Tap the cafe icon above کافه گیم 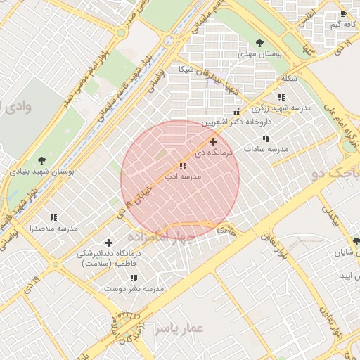(343, 14)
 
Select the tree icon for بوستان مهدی (259, 42)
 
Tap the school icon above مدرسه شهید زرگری (281, 97)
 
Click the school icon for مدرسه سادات (266, 139)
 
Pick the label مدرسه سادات (266, 150)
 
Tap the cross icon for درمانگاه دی (214, 141)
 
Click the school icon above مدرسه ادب (183, 166)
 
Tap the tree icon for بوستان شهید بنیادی (42, 160)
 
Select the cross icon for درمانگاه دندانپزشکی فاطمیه (108, 242)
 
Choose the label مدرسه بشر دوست (134, 288)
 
